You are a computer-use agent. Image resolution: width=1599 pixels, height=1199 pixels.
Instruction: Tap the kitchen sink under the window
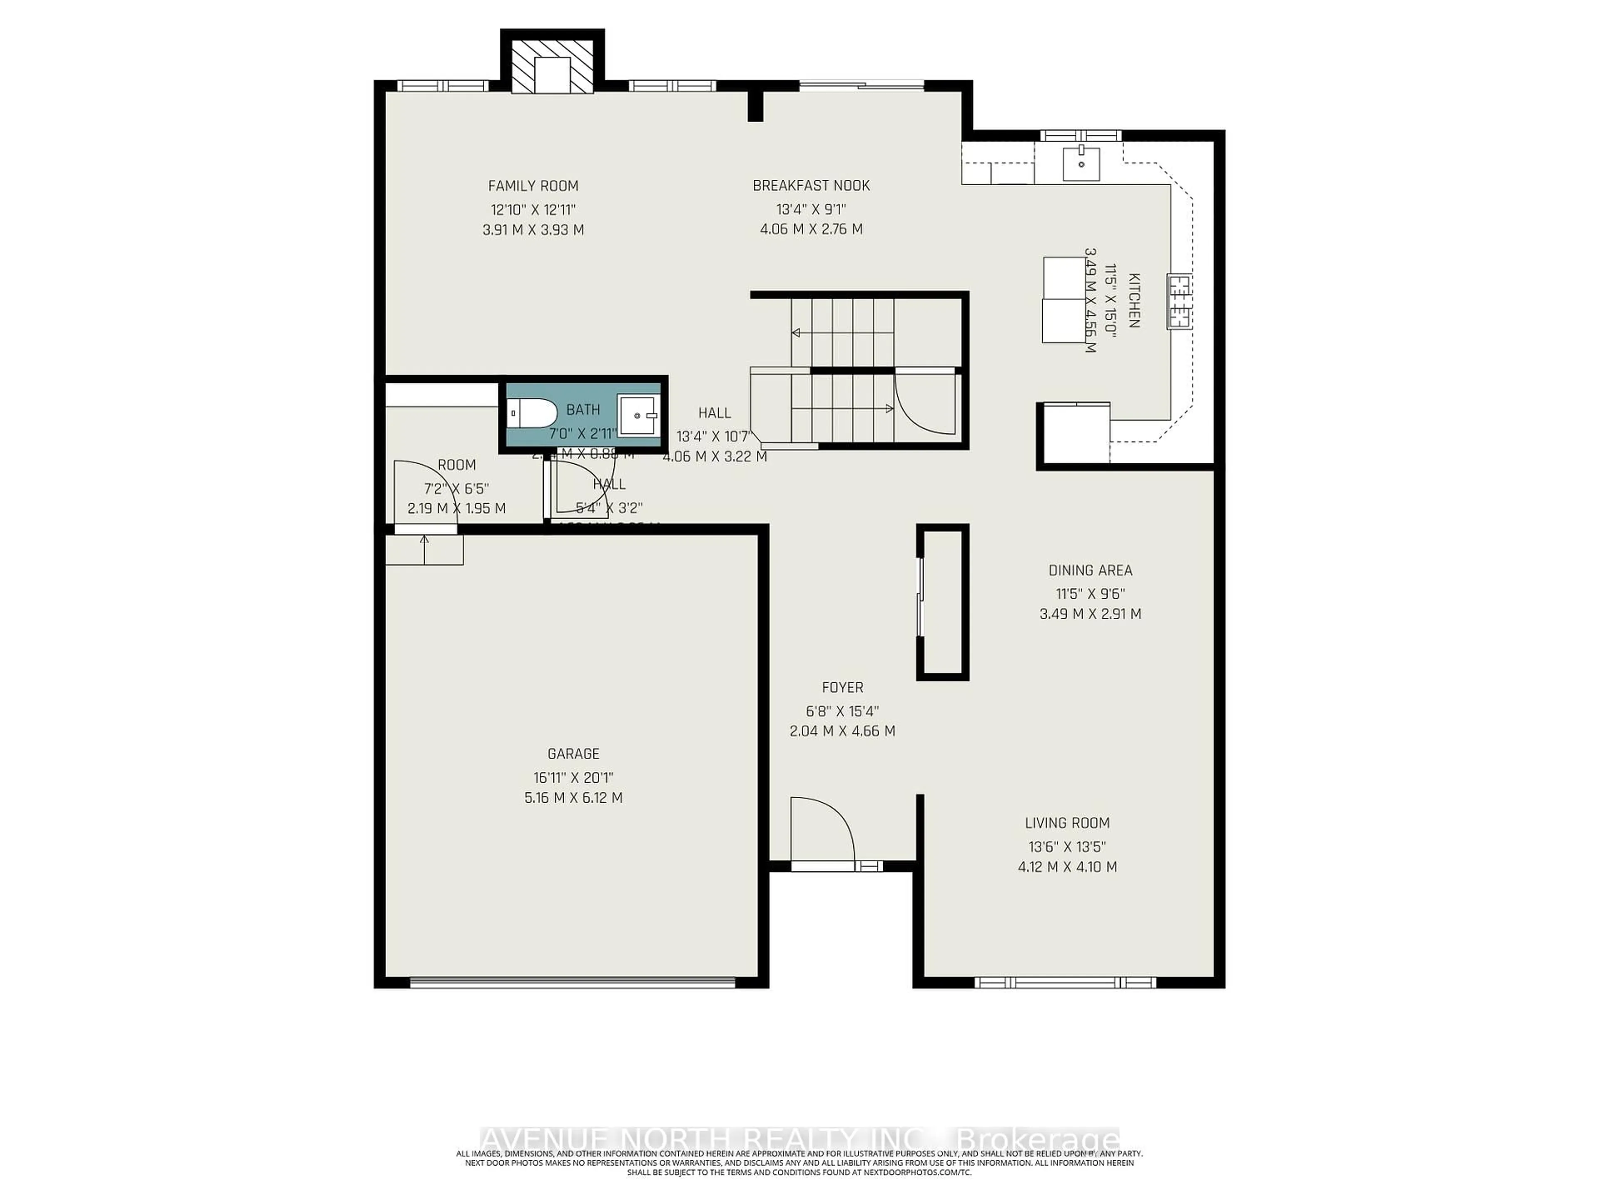click(1081, 163)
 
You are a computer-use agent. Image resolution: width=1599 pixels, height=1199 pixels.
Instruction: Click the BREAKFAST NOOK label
click(811, 186)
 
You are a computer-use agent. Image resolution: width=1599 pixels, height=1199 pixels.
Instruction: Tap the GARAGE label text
click(573, 754)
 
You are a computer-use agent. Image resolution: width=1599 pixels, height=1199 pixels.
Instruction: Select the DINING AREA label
click(1090, 570)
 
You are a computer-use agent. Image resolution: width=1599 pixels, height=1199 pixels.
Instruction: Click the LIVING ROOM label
click(1067, 823)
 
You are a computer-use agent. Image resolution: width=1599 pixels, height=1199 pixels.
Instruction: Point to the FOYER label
click(842, 687)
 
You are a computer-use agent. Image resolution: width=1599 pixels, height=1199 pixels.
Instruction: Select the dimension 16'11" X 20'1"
click(573, 778)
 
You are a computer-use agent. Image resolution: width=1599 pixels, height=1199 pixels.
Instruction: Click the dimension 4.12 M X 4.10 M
click(1067, 866)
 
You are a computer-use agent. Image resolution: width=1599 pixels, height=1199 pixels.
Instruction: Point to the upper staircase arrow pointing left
click(797, 333)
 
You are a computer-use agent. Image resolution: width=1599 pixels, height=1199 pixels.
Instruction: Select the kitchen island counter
click(1064, 300)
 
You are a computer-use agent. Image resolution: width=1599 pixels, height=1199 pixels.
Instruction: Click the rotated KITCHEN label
click(1133, 300)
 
